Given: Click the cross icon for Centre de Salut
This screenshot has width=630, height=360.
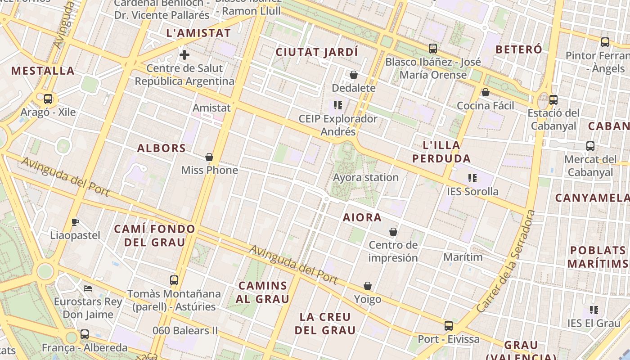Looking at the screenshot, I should click(x=184, y=55).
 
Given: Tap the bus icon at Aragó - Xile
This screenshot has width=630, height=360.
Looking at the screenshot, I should click(x=48, y=99).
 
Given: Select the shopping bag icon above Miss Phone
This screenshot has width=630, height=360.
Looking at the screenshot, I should click(x=209, y=157).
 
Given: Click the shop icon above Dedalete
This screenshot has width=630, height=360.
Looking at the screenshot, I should click(x=354, y=75).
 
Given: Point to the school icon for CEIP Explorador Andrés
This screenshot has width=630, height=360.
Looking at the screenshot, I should click(x=338, y=106).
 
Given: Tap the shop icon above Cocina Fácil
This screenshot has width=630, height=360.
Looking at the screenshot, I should click(x=485, y=92).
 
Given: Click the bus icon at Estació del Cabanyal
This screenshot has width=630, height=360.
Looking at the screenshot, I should click(x=553, y=99).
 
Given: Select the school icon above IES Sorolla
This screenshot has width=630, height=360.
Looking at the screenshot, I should click(x=472, y=178).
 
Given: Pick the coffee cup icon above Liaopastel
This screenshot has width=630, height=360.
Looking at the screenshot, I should click(x=75, y=222).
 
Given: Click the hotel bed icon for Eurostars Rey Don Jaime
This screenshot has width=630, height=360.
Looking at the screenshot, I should click(x=88, y=288).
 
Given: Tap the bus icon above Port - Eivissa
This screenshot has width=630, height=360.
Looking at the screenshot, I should click(x=448, y=326).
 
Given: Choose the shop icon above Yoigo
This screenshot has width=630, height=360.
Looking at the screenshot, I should click(x=368, y=286).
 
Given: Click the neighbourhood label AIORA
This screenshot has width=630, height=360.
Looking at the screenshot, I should click(x=362, y=218).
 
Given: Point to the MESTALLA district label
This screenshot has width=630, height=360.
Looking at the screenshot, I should click(x=43, y=71).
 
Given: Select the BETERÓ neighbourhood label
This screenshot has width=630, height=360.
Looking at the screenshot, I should click(x=519, y=49).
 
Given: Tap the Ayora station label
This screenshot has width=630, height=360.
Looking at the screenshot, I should click(x=365, y=177).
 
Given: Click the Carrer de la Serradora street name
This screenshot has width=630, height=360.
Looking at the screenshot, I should click(x=506, y=261).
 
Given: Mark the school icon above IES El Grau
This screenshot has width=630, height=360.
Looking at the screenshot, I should click(x=594, y=310).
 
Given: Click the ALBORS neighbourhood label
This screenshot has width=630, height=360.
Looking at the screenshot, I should click(x=162, y=148).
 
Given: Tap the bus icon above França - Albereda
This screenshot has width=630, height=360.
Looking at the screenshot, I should click(x=85, y=334).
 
